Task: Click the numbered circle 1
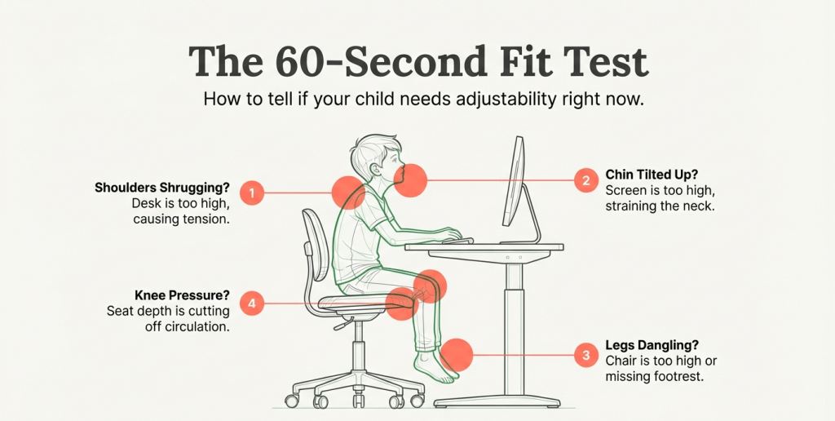click(252, 193)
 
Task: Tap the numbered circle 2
click(586, 180)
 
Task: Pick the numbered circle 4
click(252, 304)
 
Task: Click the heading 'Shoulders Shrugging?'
click(162, 188)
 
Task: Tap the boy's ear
click(375, 168)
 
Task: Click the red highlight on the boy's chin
click(410, 180)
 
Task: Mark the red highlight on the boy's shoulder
click(348, 192)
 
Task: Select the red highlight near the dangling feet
click(457, 354)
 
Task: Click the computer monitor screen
click(514, 181)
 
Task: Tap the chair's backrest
click(314, 244)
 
